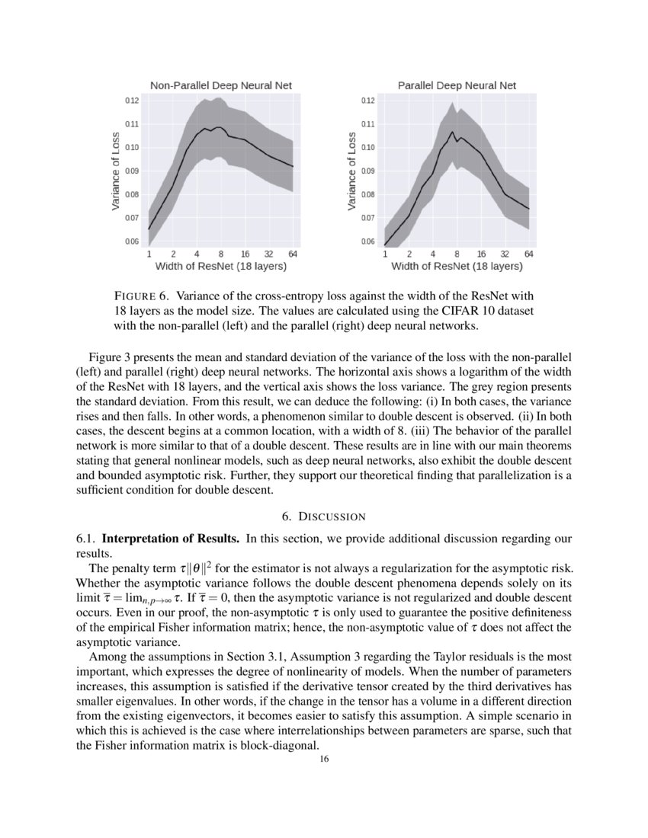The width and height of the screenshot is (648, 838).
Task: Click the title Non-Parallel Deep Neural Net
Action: click(220, 85)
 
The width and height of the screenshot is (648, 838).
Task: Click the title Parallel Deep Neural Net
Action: click(457, 85)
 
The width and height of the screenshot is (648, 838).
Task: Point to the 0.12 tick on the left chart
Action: click(132, 101)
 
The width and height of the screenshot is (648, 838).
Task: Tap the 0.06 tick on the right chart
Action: click(368, 242)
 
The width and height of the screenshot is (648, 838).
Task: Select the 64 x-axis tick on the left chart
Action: click(293, 254)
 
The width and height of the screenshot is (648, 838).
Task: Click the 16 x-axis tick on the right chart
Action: click(481, 254)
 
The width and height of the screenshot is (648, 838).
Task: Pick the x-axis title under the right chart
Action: click(457, 267)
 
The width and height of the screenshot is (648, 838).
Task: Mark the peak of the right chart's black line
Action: click(452, 132)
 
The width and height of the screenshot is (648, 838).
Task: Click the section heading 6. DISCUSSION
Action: click(324, 517)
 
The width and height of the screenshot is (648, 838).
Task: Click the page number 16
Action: click(324, 758)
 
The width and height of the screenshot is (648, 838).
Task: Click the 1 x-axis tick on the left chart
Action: click(149, 254)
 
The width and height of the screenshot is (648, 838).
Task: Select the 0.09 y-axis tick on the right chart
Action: click(368, 171)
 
